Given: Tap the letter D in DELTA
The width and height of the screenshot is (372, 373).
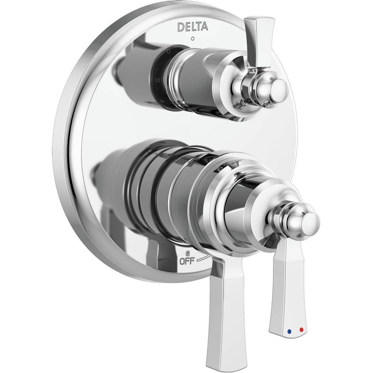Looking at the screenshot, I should point(180,27).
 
